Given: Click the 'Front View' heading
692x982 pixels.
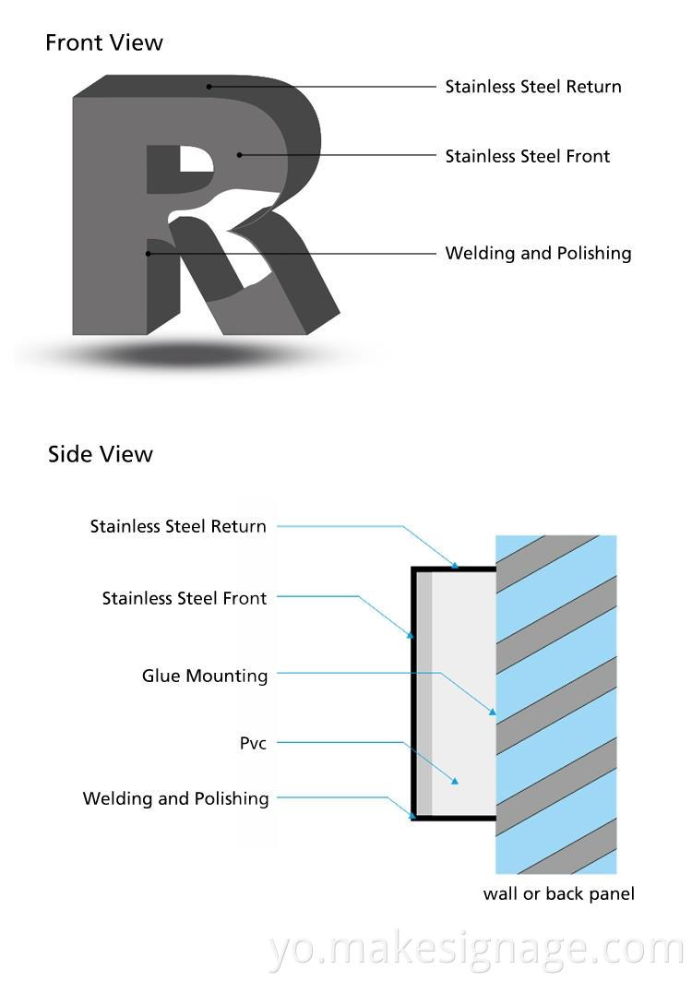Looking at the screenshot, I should point(103,42).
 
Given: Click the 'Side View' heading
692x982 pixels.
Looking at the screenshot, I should point(100,454).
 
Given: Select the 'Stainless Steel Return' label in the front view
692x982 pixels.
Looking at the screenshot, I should point(533,87).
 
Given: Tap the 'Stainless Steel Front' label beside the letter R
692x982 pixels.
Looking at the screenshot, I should point(527,156).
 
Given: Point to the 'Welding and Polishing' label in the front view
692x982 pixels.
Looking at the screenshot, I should point(538,253).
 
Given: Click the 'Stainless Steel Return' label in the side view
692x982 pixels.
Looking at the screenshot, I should point(178,526).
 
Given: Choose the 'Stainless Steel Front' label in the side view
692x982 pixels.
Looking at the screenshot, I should point(185,598).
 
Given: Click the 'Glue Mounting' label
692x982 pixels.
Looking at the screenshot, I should point(205,676).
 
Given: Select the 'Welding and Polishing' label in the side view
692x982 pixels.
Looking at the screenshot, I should point(175,798).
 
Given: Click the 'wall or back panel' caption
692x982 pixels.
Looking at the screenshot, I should point(558,893).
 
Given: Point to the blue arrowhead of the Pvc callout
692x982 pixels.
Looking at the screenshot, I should point(455,781).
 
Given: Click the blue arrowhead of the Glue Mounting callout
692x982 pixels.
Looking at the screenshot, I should point(493,713).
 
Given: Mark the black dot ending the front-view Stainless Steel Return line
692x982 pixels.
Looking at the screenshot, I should point(209,87).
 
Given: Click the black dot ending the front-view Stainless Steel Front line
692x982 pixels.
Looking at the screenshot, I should point(239,155).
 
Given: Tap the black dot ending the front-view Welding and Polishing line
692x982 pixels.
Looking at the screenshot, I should point(148,253).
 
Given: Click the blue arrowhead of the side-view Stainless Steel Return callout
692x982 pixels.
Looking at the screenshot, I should point(455,563).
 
